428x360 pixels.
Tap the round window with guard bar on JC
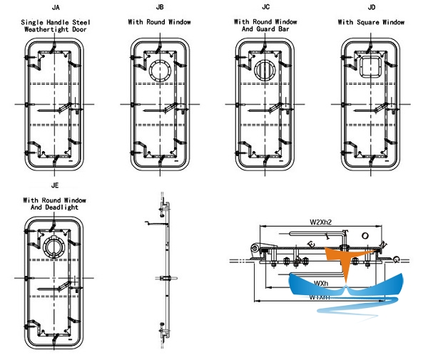pyautogui.click(x=264, y=72)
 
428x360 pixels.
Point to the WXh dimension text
pyautogui.click(x=322, y=284)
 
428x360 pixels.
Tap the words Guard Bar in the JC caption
pyautogui.click(x=277, y=31)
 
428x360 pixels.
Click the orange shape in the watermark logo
pyautogui.click(x=339, y=256)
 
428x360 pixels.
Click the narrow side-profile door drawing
pyautogui.click(x=163, y=271)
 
